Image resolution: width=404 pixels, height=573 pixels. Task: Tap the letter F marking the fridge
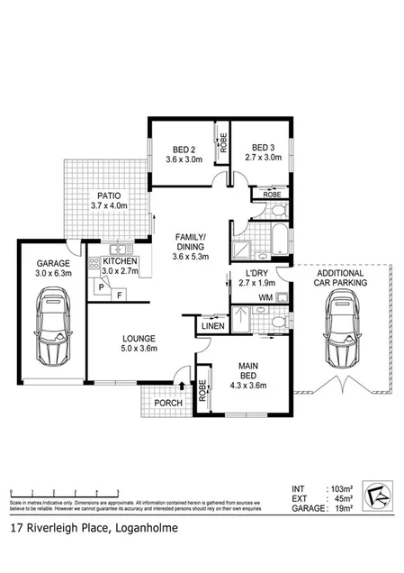(118, 293)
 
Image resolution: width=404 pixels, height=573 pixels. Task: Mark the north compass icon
(377, 495)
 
